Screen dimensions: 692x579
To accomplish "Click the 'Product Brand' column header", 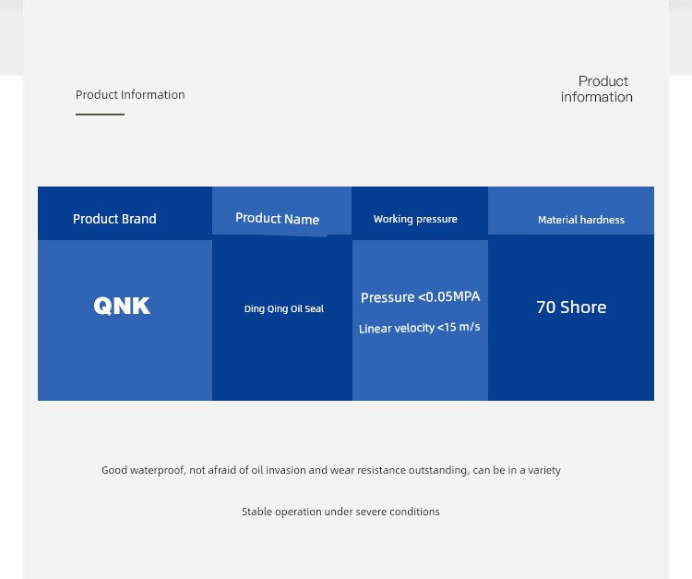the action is [x=114, y=219].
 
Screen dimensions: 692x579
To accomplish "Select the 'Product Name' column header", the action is [x=277, y=218].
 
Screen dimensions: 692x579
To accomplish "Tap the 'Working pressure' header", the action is [x=415, y=219].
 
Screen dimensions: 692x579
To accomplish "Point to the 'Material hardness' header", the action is [x=581, y=220].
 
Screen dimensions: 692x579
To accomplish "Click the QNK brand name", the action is [x=122, y=306].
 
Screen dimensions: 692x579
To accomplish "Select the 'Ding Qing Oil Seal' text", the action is [x=284, y=308].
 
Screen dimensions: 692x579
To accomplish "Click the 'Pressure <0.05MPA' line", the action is [x=420, y=296].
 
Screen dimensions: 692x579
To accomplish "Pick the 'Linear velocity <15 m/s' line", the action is [x=419, y=328].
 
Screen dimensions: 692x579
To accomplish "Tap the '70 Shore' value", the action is [x=571, y=307].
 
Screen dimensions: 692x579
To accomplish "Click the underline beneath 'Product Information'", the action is [x=101, y=115].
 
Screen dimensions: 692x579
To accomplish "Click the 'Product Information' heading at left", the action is [x=130, y=94].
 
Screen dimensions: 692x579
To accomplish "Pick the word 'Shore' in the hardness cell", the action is [x=583, y=307].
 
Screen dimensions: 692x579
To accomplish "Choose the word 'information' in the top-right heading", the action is [x=597, y=97].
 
